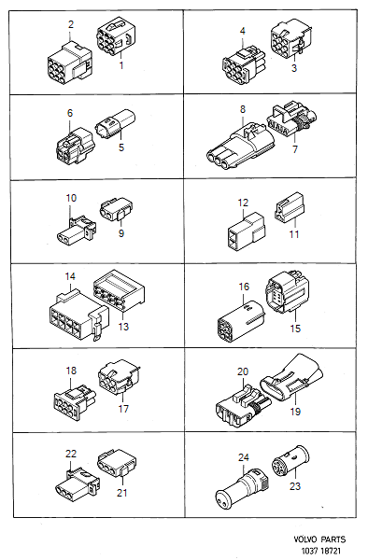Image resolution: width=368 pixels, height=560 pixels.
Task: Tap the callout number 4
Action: [243, 31]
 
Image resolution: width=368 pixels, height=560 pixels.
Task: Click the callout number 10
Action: [71, 199]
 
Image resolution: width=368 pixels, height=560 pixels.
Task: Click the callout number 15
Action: [294, 329]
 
